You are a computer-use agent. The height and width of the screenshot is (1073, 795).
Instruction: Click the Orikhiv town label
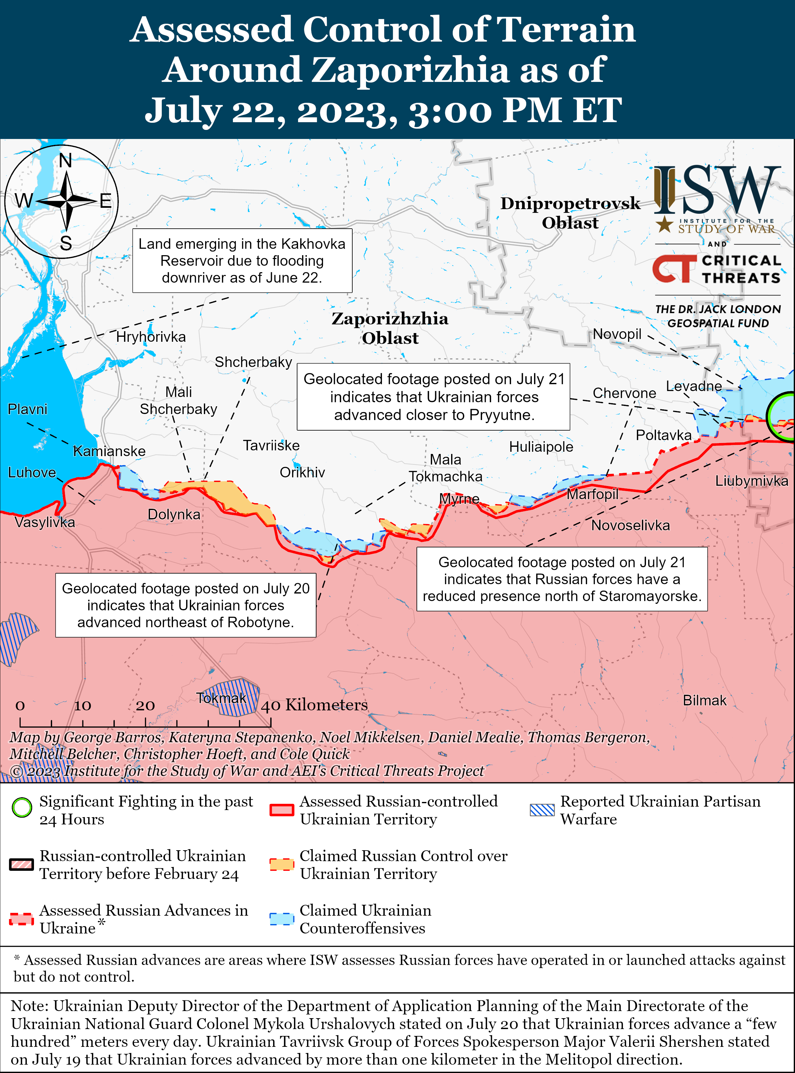(x=302, y=472)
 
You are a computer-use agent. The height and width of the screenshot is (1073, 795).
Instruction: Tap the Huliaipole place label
(x=541, y=447)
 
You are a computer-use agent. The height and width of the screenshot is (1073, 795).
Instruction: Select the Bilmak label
(x=704, y=700)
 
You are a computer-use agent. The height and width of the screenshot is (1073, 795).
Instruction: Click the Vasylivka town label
(x=45, y=522)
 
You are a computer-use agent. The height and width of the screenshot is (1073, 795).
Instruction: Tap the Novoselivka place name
(x=630, y=525)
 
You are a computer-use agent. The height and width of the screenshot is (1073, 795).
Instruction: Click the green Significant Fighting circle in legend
(x=22, y=808)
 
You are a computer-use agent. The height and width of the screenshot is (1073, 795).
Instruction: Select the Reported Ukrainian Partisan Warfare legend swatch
(x=542, y=810)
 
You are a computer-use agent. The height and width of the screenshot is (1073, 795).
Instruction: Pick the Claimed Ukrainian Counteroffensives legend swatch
(x=282, y=918)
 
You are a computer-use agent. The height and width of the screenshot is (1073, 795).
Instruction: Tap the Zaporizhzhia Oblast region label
(x=390, y=328)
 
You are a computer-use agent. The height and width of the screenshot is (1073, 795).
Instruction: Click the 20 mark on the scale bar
(x=145, y=706)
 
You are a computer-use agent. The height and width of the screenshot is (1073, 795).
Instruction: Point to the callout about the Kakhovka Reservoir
(x=242, y=261)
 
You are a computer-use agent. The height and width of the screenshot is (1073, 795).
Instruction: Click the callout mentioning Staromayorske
(x=561, y=579)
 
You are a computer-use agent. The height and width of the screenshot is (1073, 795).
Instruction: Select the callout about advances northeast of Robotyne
(x=186, y=605)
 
